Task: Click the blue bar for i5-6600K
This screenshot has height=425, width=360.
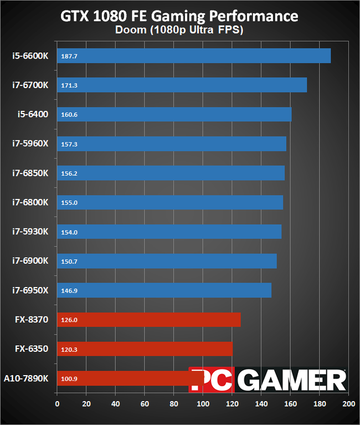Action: point(193,56)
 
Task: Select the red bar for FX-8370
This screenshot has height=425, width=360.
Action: point(148,320)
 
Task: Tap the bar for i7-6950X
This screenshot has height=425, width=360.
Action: point(164,290)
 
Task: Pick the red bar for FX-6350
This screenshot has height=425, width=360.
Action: point(145,349)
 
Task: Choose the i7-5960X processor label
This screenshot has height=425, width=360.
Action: point(30,144)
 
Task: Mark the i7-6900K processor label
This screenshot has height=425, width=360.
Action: point(30,261)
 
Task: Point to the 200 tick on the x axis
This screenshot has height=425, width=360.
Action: point(348,404)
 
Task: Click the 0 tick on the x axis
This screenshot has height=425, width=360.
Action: point(57,404)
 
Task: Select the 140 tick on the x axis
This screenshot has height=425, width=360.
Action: point(261,404)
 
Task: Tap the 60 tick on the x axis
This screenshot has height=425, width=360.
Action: point(145,404)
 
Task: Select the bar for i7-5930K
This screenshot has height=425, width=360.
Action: point(169,232)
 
